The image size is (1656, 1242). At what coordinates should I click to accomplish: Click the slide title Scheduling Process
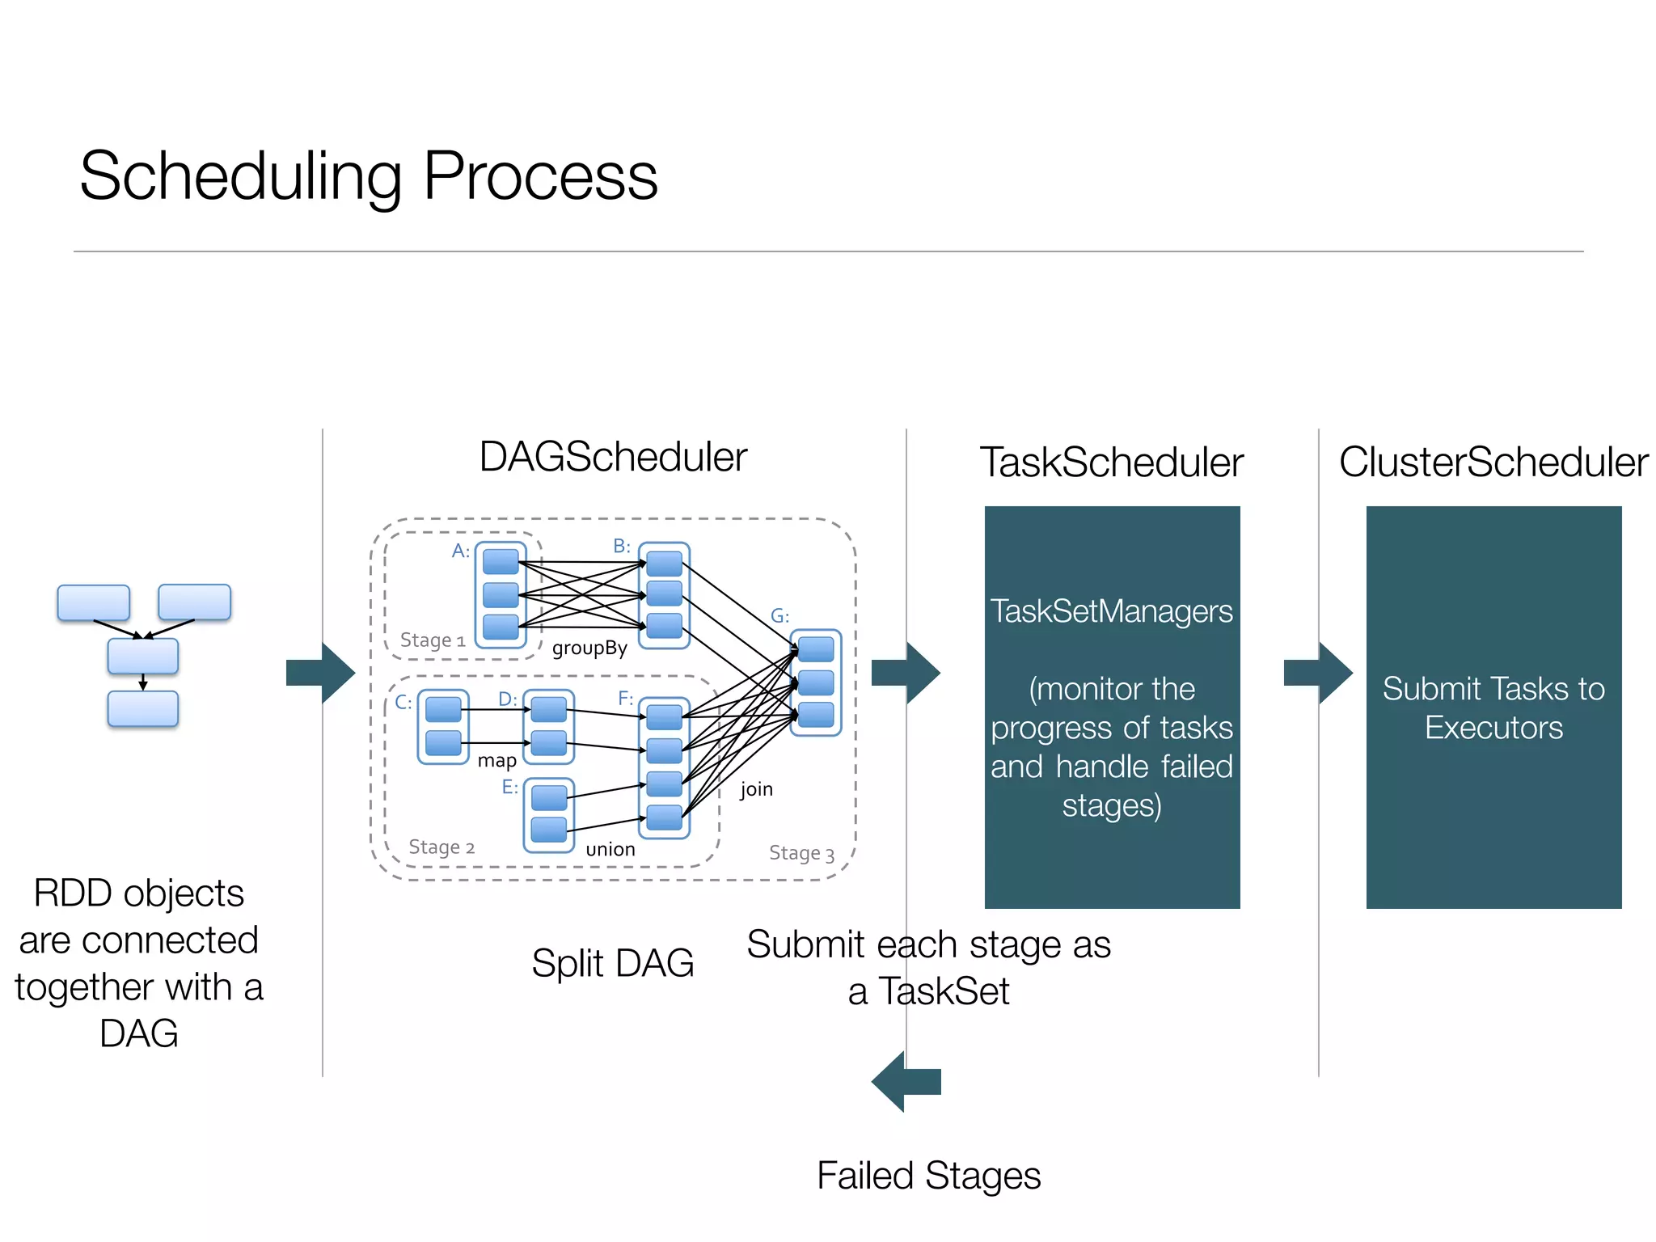pos(369,175)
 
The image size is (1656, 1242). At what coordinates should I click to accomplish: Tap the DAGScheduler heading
pos(613,457)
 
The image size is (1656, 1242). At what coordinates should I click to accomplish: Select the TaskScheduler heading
pos(1111,463)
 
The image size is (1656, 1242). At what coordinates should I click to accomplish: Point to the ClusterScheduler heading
pos(1493,463)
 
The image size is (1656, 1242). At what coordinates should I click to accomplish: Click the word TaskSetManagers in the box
pos(1111,611)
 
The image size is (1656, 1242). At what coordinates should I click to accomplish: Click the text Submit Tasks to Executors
pos(1493,708)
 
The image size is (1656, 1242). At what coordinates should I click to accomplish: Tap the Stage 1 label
pos(433,640)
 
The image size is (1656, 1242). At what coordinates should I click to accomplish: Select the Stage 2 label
pos(441,847)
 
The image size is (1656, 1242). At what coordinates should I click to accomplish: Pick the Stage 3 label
pos(801,853)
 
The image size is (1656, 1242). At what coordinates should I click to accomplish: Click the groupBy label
pos(589,648)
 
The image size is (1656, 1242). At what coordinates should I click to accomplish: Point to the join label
pos(756,788)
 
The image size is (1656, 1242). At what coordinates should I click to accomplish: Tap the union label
pos(610,849)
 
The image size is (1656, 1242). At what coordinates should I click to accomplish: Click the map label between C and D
pos(496,760)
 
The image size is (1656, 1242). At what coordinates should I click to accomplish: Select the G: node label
pos(779,616)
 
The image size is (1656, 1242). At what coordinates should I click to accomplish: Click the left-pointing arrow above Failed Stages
pos(906,1081)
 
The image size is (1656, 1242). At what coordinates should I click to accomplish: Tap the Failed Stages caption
pos(928,1176)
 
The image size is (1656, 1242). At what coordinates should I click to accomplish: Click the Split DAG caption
pos(613,963)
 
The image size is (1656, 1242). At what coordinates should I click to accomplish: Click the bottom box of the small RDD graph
pos(143,709)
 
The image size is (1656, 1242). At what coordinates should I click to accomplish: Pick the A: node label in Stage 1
pos(460,551)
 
